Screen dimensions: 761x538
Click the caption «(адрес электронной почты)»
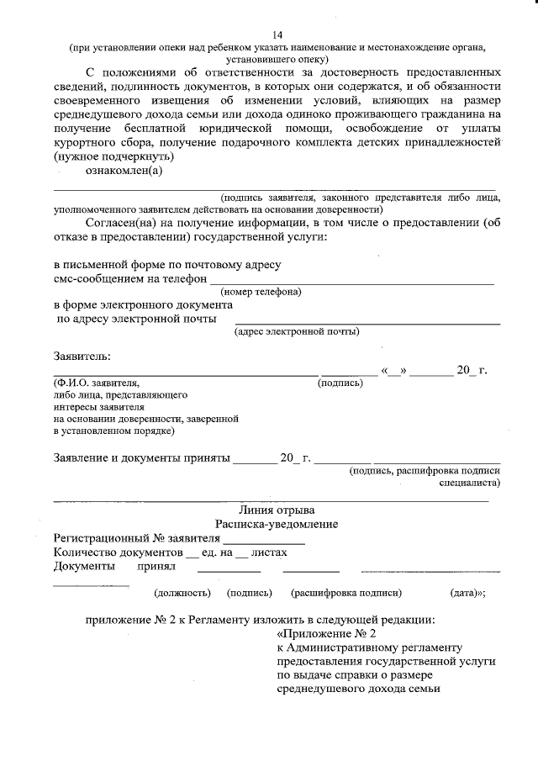[297, 332]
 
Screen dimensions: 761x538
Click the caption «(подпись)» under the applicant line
[340, 383]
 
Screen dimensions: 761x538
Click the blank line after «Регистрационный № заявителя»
[263, 539]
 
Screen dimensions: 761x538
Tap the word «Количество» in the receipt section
[85, 552]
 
